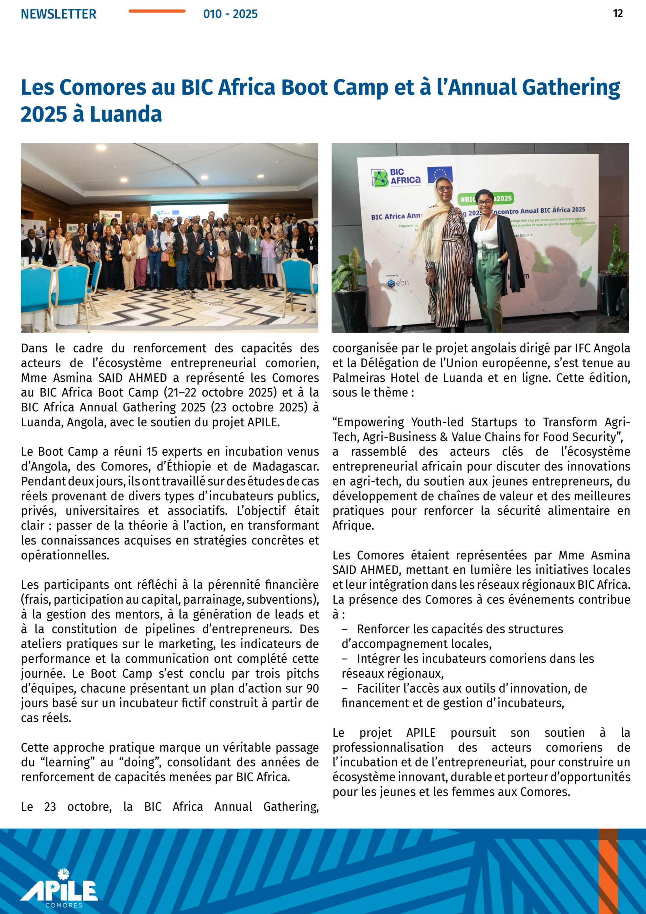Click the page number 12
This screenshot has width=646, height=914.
618,14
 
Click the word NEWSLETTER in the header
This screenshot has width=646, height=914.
59,14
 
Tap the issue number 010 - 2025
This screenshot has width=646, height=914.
230,14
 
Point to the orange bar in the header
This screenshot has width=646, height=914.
157,11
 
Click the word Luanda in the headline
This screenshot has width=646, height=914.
126,115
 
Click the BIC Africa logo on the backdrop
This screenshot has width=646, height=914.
396,177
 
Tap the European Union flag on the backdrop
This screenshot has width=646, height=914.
439,174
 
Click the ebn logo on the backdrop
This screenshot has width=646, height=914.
398,283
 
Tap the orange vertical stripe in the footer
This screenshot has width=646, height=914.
608,872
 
